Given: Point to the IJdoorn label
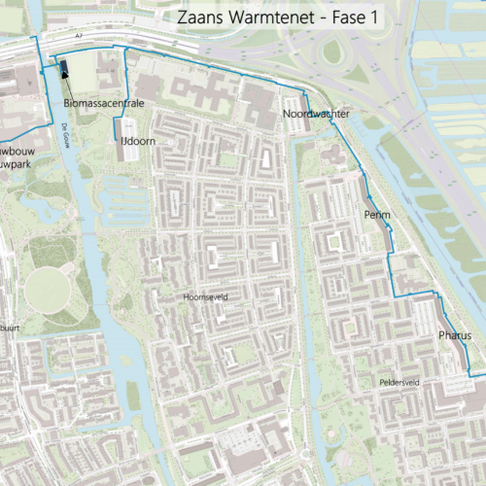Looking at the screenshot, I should [139, 142].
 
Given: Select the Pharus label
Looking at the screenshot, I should [454, 335].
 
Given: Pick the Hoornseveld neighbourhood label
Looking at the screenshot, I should [205, 298].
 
